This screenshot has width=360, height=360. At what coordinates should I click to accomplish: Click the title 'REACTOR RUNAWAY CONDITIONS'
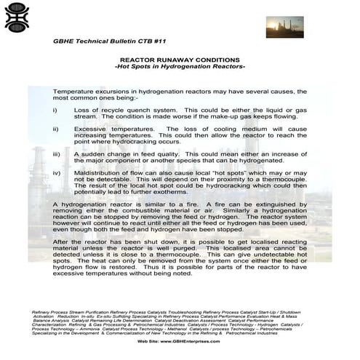(180, 60)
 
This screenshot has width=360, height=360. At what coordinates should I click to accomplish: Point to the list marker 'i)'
(56, 108)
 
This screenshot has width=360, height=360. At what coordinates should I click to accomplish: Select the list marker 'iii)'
(57, 155)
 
